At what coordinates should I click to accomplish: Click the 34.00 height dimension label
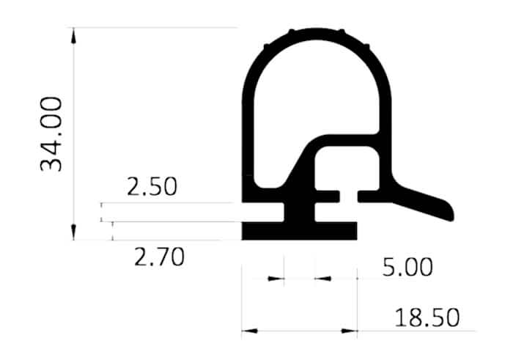(x=51, y=134)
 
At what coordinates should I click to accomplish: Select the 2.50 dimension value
(x=152, y=186)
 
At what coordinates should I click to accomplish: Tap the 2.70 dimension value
(x=159, y=257)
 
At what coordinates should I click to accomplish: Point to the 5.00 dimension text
(x=407, y=267)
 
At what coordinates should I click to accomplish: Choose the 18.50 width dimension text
(x=427, y=317)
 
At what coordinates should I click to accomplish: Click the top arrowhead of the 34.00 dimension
(x=73, y=36)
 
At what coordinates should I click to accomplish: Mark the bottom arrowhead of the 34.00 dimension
(x=73, y=232)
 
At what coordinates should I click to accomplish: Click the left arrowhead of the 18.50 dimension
(x=250, y=331)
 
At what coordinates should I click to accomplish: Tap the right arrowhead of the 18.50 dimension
(x=349, y=331)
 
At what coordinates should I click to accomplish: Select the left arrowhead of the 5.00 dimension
(x=276, y=279)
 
